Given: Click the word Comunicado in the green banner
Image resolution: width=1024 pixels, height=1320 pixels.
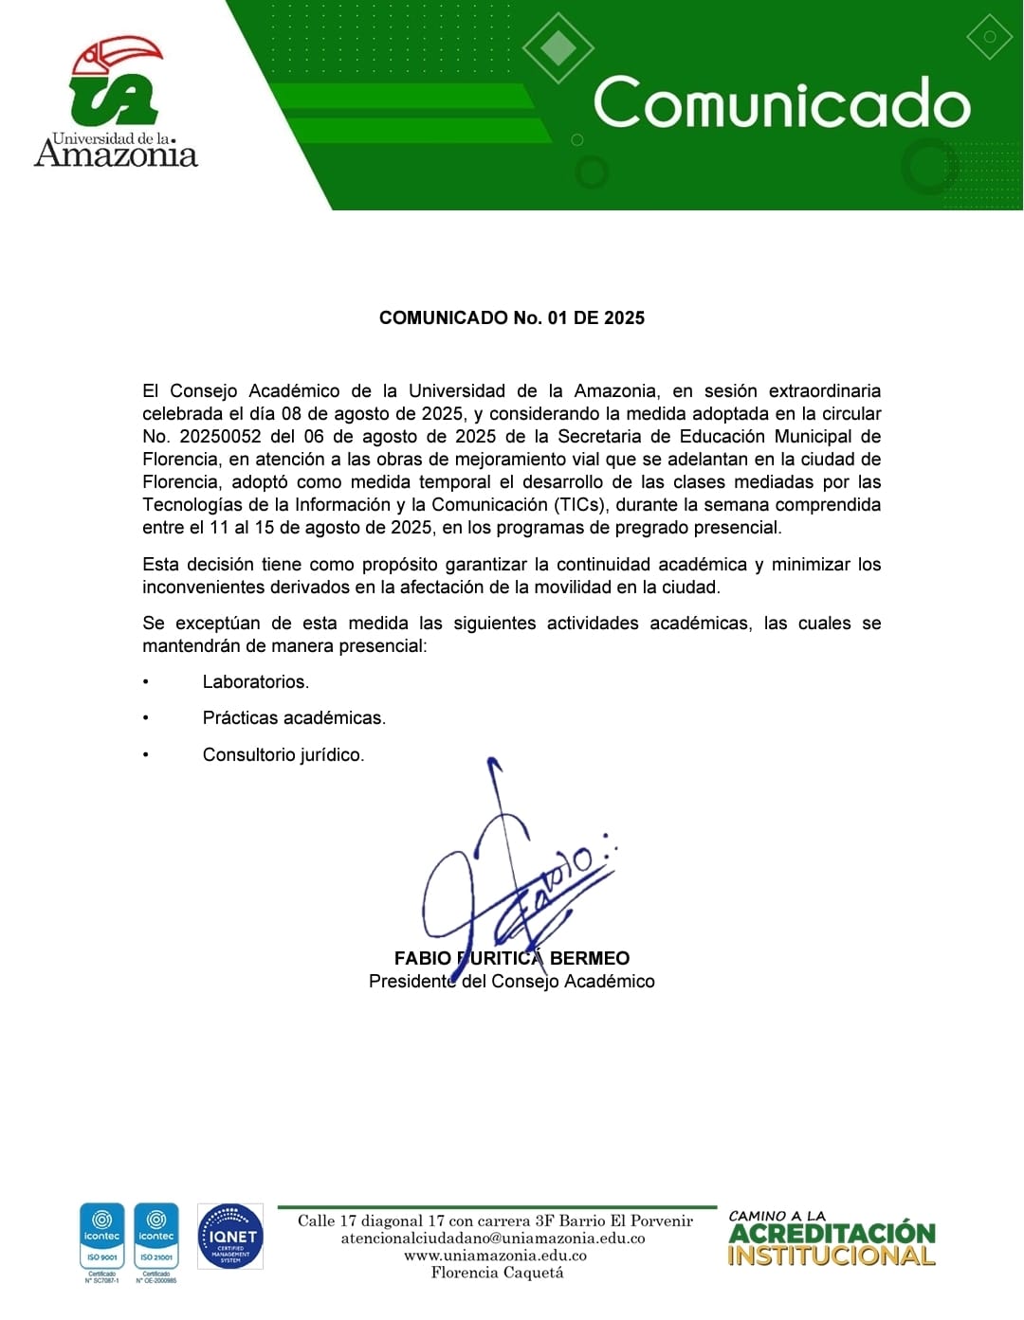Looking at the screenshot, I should click(781, 103).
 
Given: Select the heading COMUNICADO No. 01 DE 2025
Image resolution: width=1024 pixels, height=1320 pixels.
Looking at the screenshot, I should click(511, 318).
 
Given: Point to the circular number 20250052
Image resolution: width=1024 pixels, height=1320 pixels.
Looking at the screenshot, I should click(220, 437).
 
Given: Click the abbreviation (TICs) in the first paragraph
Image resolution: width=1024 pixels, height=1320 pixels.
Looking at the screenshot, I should click(579, 505).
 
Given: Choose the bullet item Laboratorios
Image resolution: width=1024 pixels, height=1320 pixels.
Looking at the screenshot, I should click(255, 682).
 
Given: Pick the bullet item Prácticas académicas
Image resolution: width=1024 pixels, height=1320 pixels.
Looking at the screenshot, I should click(294, 718).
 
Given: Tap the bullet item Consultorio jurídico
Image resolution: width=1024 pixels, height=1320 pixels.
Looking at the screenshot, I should click(283, 755).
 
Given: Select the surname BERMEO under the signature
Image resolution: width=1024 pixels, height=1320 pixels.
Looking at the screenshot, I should click(589, 959).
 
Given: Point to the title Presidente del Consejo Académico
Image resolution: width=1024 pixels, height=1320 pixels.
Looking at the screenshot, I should click(511, 982).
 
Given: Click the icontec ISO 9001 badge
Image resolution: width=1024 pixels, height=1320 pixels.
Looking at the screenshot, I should click(101, 1236).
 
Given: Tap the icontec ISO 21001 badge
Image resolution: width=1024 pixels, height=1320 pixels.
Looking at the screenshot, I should click(156, 1236).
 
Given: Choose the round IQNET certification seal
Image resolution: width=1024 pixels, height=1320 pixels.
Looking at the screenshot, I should click(230, 1237).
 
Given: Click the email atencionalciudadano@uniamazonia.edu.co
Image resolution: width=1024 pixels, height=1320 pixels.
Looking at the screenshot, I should click(493, 1239).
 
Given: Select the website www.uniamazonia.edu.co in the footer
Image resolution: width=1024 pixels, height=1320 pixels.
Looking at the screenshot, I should click(495, 1256).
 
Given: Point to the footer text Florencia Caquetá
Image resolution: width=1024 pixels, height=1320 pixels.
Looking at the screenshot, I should click(497, 1273).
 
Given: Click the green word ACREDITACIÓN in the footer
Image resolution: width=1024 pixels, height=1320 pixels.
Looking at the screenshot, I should click(832, 1234).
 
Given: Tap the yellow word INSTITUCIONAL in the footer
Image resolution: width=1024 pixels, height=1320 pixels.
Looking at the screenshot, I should click(831, 1257).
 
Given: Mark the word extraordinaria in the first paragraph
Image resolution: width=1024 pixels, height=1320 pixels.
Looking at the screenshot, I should click(824, 391).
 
